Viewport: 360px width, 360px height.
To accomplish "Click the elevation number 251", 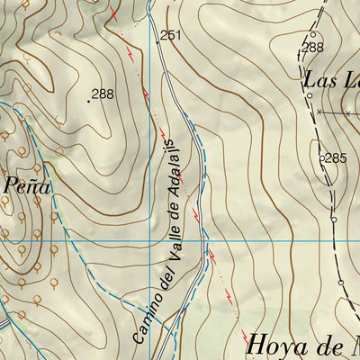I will [172, 35].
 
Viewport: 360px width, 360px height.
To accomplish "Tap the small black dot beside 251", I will [158, 40].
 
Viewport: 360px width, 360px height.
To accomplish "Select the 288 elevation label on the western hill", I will [103, 94].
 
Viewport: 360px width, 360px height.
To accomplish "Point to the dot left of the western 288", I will [88, 101].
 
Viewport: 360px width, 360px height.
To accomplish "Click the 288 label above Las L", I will [312, 47].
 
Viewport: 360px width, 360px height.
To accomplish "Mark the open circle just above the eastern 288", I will [312, 34].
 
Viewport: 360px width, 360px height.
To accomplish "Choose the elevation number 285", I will [336, 158].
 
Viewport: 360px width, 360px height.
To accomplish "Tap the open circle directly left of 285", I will [322, 158].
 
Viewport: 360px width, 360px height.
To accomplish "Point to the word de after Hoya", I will [329, 344].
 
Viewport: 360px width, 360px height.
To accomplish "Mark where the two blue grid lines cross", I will [148, 241].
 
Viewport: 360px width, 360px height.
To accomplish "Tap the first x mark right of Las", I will [319, 112].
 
